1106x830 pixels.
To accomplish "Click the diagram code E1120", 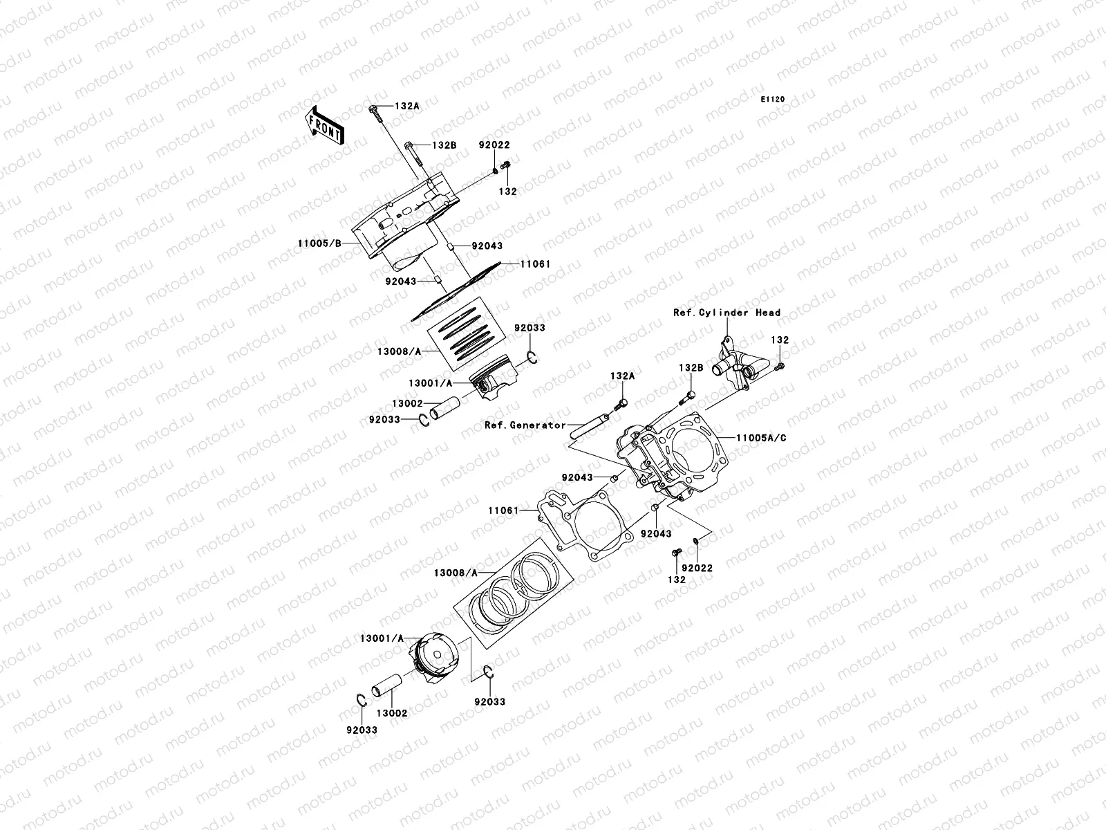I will [773, 100].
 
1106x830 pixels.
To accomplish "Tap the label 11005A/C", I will [761, 438].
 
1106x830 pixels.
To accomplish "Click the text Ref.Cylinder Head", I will [727, 313].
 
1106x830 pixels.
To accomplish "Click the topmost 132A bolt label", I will [407, 107].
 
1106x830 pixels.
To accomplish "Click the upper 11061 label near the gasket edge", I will [535, 264].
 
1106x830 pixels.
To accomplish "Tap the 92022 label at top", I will [494, 146].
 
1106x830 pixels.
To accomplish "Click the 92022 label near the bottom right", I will [697, 568].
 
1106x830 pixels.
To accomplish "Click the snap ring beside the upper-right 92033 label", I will [533, 358].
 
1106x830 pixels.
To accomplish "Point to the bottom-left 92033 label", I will [363, 730].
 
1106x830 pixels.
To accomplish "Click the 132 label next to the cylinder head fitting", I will [780, 341].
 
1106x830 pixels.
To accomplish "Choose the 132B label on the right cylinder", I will [690, 369].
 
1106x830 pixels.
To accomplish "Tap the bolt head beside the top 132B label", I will [409, 146].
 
